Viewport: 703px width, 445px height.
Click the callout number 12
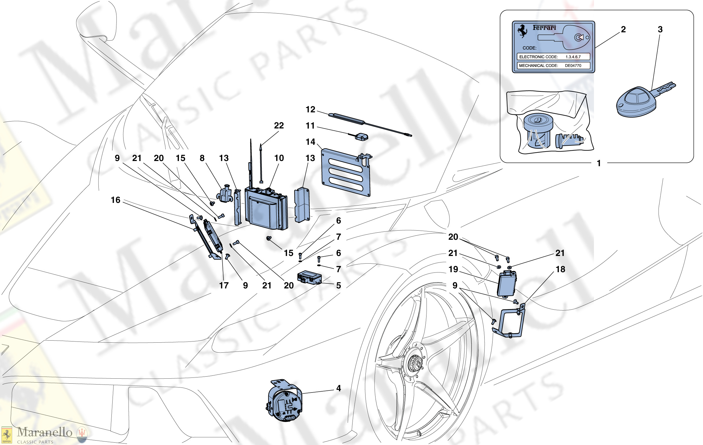pyautogui.click(x=310, y=109)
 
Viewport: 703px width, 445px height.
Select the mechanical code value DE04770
pyautogui.click(x=573, y=65)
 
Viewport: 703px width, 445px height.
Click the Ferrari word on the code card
pyautogui.click(x=544, y=28)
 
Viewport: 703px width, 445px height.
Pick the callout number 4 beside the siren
pyautogui.click(x=339, y=388)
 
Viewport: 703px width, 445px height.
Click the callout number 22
pyautogui.click(x=279, y=126)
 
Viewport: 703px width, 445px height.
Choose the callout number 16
pyautogui.click(x=116, y=200)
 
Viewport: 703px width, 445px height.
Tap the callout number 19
pyautogui.click(x=453, y=269)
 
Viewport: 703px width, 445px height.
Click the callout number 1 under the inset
pyautogui.click(x=599, y=163)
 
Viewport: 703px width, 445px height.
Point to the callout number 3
pyautogui.click(x=660, y=29)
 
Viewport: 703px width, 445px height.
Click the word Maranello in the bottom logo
pyautogui.click(x=45, y=432)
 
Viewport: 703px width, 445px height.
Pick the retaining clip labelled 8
pyautogui.click(x=225, y=194)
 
